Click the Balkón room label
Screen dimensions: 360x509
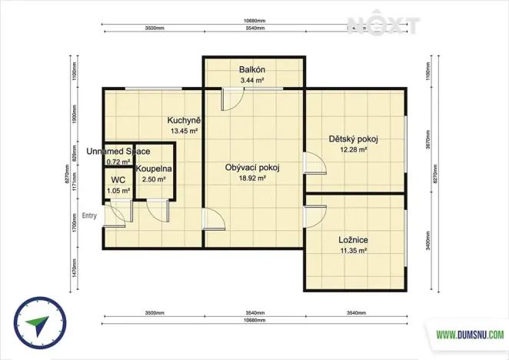tap(252, 70)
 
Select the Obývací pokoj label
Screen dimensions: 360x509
tap(252, 168)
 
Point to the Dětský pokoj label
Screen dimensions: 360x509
tap(354, 139)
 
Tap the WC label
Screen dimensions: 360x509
tap(118, 179)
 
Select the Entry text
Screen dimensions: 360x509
tap(89, 215)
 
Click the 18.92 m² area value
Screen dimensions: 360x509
tap(252, 178)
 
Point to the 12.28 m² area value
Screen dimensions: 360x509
tap(354, 149)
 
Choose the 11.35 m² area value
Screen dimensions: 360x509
tap(354, 250)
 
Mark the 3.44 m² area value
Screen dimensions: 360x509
tap(252, 80)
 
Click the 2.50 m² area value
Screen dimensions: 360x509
tap(155, 179)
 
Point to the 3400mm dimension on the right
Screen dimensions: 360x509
tap(427, 242)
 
